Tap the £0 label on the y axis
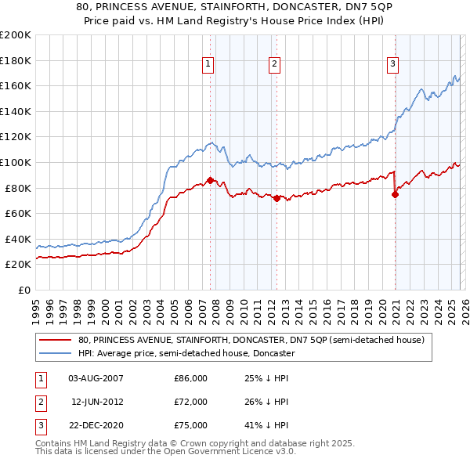click(x=24, y=290)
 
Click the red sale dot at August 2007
click(x=210, y=180)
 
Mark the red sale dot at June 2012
click(x=277, y=198)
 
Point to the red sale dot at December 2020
click(x=395, y=194)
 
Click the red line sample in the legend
click(x=55, y=341)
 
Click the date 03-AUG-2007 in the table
click(x=96, y=378)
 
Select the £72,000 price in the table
click(x=190, y=402)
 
